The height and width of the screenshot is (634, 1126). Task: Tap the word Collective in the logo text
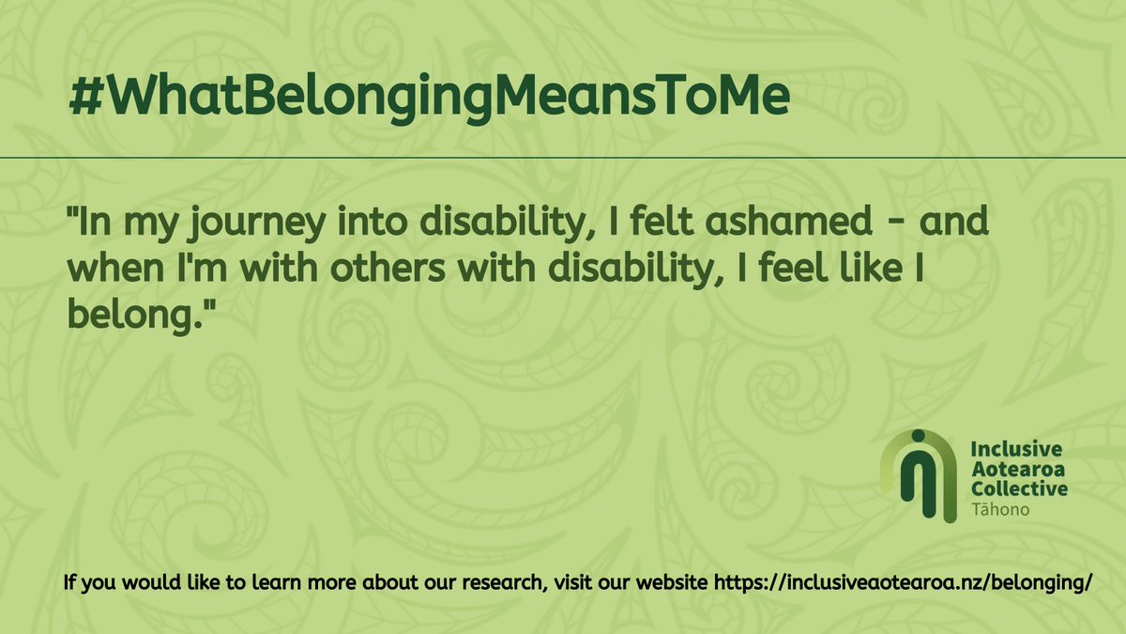point(1019,488)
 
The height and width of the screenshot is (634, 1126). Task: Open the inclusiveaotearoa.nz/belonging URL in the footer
point(903,582)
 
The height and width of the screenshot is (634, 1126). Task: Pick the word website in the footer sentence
point(671,582)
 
